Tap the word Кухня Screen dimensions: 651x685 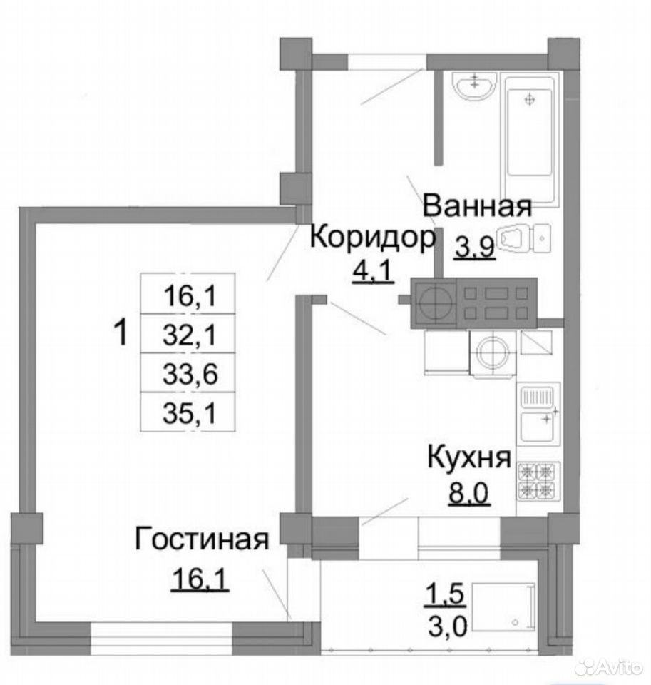point(469,457)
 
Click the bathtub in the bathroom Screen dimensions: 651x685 point(531,139)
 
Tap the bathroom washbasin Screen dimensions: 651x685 point(475,86)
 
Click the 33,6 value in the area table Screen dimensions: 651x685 point(190,374)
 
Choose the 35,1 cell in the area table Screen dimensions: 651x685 point(190,413)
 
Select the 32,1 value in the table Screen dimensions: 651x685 point(190,335)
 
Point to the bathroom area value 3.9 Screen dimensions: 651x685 point(475,248)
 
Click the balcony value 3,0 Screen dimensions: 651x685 point(446,625)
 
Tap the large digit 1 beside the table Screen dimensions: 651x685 point(121,332)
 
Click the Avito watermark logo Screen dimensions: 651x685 point(610,668)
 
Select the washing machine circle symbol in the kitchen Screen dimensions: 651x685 point(493,352)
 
